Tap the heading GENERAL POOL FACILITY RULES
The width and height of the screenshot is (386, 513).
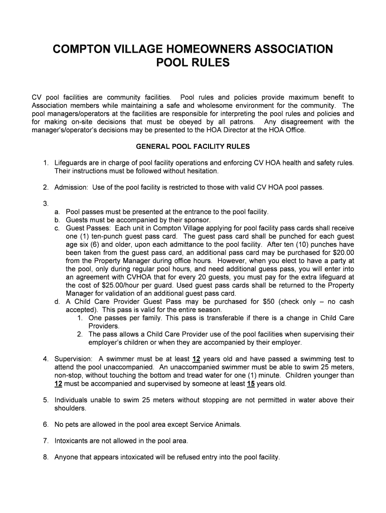(193, 147)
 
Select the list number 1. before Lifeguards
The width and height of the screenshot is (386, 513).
(45, 163)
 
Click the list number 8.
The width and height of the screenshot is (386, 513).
(45, 457)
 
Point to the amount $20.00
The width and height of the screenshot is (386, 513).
(340, 252)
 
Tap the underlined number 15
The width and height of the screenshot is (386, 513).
(251, 384)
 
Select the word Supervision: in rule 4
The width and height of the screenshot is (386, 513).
(73, 359)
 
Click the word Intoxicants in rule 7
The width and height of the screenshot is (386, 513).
(72, 441)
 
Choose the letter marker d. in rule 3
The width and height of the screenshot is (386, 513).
(58, 302)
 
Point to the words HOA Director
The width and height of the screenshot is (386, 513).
(226, 130)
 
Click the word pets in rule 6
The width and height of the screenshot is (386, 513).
(73, 424)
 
